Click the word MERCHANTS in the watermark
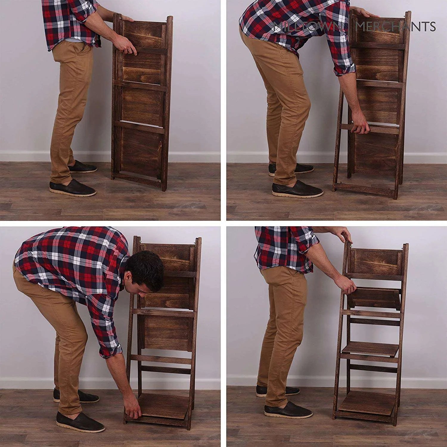pos(396,27)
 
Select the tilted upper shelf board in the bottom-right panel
pos(374,298)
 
